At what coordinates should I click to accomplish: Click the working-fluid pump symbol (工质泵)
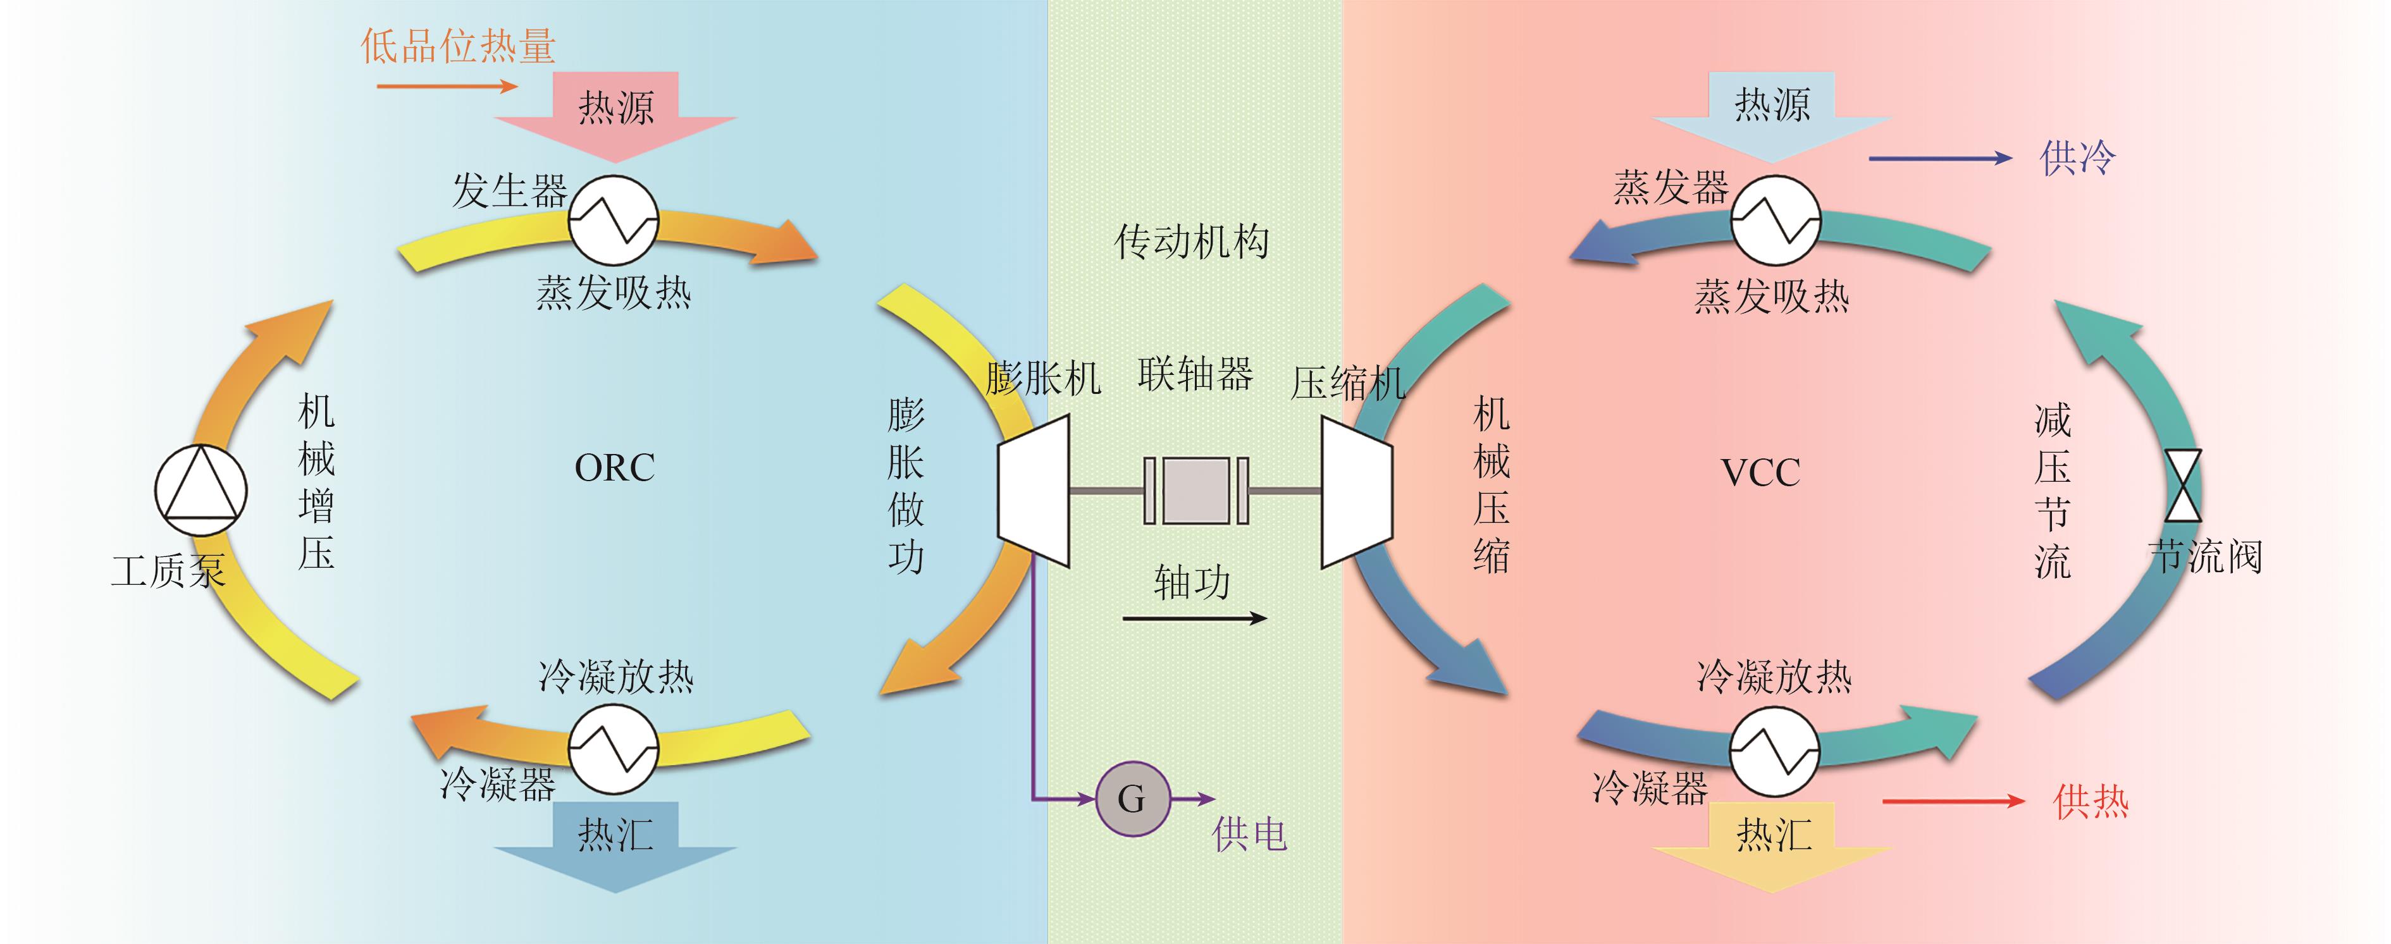201,489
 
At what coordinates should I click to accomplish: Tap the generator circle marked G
1132,799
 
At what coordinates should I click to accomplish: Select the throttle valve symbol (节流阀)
2182,486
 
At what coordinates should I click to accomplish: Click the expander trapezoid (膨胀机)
1034,489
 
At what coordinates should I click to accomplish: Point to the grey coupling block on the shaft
1195,489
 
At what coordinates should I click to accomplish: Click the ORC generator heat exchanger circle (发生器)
614,221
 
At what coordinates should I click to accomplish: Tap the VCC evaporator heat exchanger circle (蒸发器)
1775,221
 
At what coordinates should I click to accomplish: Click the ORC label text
614,468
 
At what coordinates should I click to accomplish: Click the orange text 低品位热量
457,46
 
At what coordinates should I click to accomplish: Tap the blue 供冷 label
2077,158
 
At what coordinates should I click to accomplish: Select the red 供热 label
2091,801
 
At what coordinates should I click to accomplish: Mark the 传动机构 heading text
1192,242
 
